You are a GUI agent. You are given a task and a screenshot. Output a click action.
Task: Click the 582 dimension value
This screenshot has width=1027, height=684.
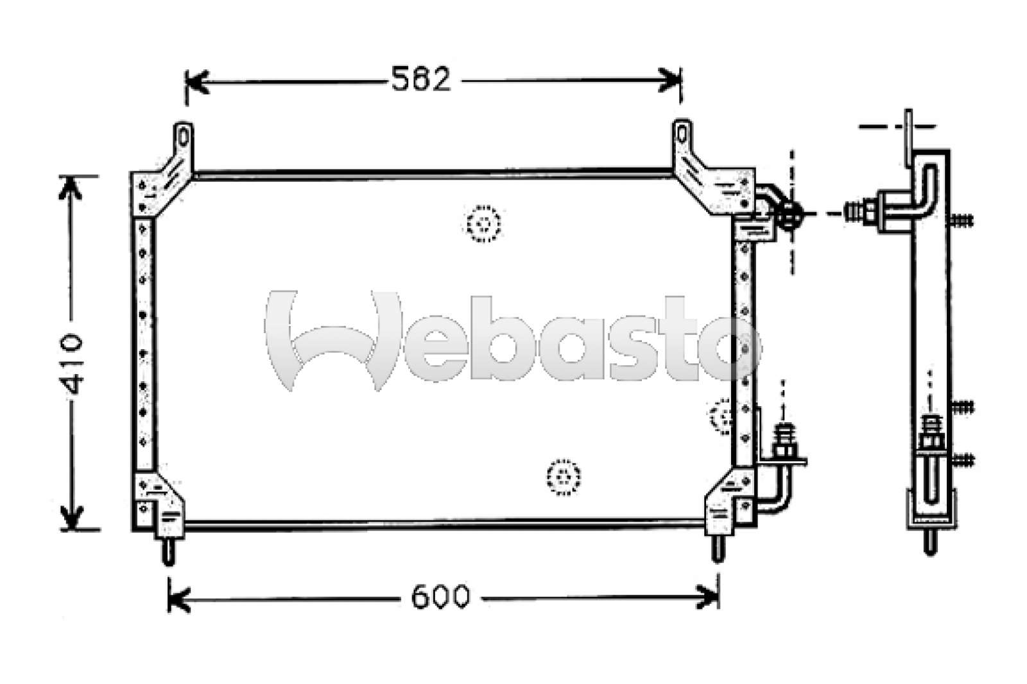click(421, 80)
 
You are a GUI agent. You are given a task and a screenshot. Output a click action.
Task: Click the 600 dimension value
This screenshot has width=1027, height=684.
click(440, 597)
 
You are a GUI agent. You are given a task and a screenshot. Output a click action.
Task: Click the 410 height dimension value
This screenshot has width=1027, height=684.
click(71, 363)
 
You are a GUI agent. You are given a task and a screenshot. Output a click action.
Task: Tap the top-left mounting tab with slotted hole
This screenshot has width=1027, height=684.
click(183, 137)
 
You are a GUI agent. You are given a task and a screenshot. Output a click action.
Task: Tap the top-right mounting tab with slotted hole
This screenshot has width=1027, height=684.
click(682, 135)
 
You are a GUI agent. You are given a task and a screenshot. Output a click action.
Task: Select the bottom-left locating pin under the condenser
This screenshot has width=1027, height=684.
click(168, 551)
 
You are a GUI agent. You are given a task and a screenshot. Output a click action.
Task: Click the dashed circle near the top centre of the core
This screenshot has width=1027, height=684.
click(482, 224)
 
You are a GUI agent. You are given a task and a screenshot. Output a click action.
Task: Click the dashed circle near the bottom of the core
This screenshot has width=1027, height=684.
click(564, 477)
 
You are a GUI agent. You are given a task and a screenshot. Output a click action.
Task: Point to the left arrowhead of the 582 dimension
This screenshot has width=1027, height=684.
click(195, 81)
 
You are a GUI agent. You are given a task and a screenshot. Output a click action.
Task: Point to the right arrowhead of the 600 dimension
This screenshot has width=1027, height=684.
click(709, 597)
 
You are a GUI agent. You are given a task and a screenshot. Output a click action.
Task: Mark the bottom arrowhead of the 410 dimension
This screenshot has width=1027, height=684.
click(71, 517)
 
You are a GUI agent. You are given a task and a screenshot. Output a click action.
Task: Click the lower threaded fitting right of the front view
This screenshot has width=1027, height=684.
click(784, 443)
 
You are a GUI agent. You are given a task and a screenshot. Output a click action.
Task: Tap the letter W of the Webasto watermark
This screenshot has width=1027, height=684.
click(334, 340)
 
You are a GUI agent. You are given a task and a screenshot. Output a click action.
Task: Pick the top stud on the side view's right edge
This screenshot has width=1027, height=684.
click(961, 221)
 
